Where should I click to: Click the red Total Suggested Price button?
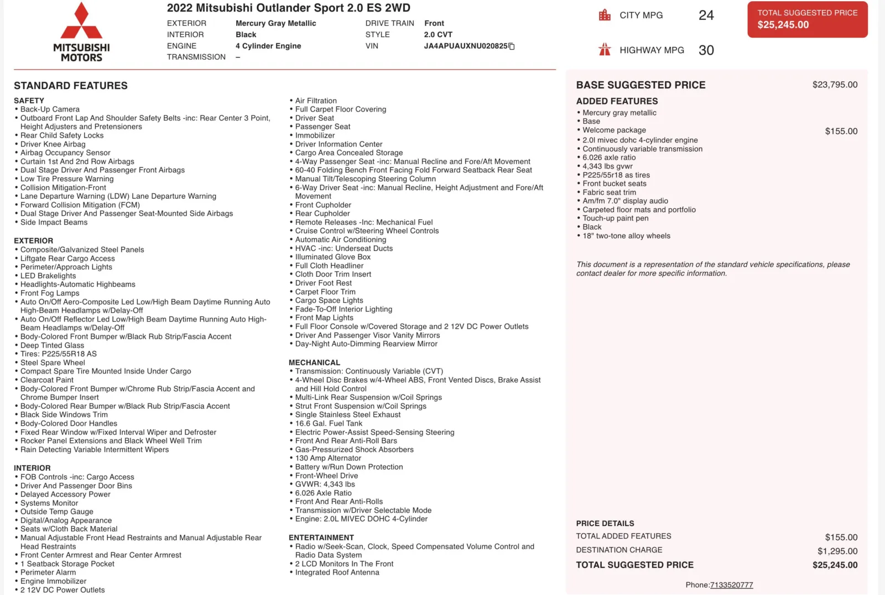(807, 19)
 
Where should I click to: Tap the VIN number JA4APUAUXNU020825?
(465, 46)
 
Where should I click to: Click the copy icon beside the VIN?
(512, 46)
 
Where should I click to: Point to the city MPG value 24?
(706, 15)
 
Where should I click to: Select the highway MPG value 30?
(706, 50)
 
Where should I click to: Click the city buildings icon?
(605, 15)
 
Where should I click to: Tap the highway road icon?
(605, 50)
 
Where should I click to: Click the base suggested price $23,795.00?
(835, 85)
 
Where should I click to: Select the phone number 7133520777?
(731, 585)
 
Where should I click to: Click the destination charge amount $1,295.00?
(837, 551)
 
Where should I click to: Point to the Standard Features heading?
(71, 86)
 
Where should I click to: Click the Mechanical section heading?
(314, 362)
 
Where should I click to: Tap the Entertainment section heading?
(321, 538)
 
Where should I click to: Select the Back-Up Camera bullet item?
(50, 109)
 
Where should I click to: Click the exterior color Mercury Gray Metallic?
(275, 23)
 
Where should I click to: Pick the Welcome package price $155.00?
(841, 131)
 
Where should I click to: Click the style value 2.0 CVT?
(438, 34)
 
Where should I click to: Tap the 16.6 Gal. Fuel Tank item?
(329, 423)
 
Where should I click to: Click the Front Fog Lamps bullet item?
(50, 293)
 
